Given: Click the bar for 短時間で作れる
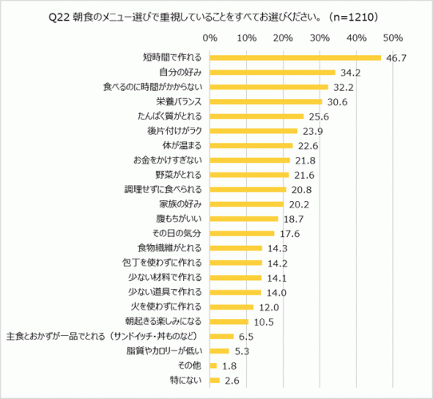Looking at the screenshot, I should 295,57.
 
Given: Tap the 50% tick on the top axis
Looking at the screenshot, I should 392,38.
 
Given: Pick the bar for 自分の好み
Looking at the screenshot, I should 272,72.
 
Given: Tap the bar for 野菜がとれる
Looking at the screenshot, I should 249,175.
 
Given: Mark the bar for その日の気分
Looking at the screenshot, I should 242,233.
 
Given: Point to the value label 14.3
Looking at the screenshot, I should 278,248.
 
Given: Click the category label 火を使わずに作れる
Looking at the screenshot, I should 170,306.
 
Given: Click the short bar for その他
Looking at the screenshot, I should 213,365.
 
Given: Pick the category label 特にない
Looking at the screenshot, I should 189,380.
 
